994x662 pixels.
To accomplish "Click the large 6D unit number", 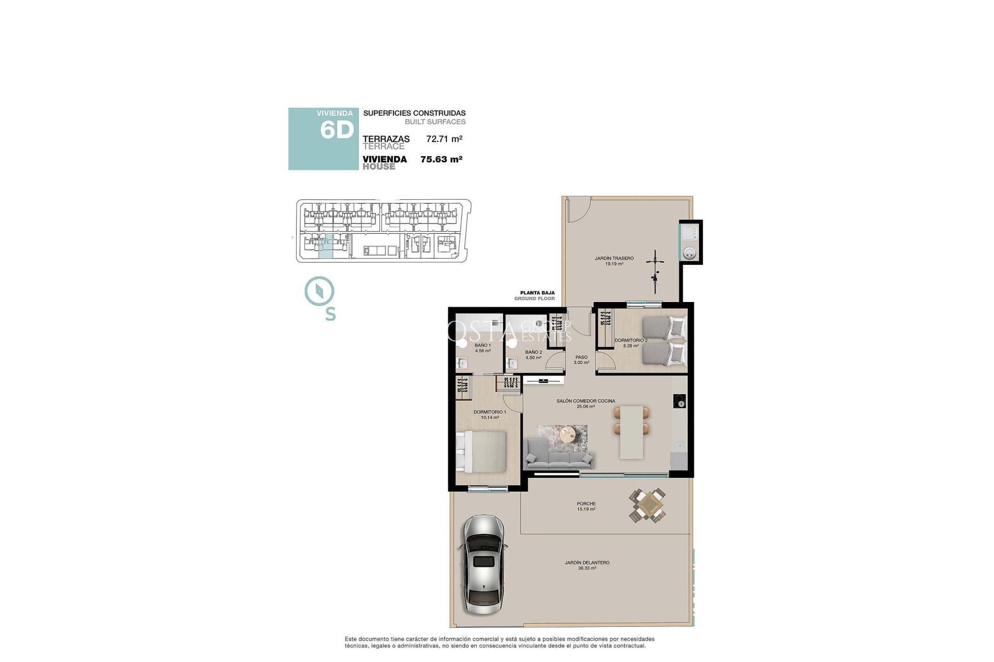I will (337, 130).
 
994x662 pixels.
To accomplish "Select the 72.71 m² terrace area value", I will (444, 139).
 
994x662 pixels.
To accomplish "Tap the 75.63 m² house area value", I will (441, 159).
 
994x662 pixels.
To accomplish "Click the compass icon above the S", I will (319, 291).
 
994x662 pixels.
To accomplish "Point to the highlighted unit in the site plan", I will (325, 246).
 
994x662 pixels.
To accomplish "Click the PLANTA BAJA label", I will (537, 293).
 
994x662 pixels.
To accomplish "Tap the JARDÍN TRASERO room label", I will (614, 259).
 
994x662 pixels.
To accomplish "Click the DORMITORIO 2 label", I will (631, 341).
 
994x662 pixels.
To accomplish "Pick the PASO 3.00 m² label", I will (581, 359).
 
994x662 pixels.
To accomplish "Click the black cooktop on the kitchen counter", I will (680, 401).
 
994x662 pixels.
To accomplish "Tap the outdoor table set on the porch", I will (647, 505).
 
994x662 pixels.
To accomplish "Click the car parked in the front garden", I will (483, 565).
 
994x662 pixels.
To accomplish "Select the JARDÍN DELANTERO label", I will (587, 563).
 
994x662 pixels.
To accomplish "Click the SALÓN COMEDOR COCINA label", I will (586, 401).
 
